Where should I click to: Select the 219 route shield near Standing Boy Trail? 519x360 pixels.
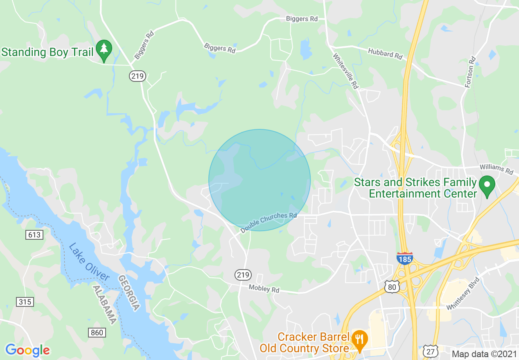click(138, 76)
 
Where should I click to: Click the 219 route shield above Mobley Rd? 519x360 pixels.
click(243, 275)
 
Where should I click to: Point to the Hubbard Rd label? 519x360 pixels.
click(385, 54)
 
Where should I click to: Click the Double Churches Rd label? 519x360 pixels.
click(269, 223)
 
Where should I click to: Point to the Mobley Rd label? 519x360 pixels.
click(264, 289)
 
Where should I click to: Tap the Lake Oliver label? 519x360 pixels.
click(89, 262)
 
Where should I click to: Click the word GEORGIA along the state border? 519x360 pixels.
click(129, 292)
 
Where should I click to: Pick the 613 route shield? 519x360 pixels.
click(34, 234)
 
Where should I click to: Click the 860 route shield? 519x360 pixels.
click(97, 333)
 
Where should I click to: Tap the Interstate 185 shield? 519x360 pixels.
click(404, 258)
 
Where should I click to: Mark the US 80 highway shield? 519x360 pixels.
click(392, 287)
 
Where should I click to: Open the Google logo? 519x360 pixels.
click(27, 350)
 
